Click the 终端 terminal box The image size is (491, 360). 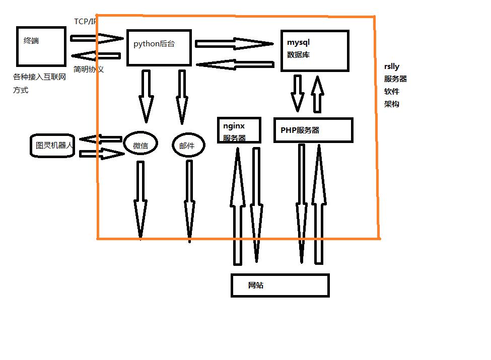coord(41,46)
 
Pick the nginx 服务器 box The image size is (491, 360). coord(239,130)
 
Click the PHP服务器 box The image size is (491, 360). coord(313,130)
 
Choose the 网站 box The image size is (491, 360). coord(280,285)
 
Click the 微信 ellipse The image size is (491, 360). coord(141,146)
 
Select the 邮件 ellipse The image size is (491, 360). coord(189,146)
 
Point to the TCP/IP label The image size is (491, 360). coord(85,21)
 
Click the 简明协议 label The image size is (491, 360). coord(89,69)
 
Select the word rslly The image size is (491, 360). coord(392,66)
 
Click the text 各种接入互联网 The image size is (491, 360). coord(39,78)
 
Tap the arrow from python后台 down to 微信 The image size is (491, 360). coord(146,96)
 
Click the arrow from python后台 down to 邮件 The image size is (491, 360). coord(182,96)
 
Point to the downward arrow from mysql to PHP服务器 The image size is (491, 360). coord(298,93)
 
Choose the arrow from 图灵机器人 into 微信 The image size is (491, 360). coord(101,154)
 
